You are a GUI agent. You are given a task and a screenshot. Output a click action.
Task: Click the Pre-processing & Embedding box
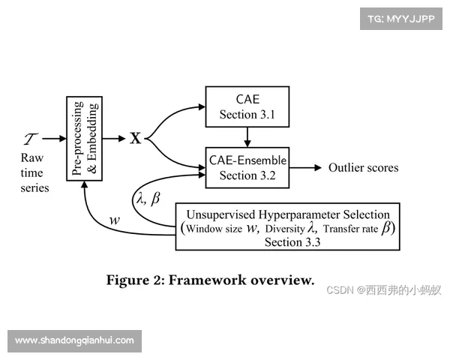(85, 139)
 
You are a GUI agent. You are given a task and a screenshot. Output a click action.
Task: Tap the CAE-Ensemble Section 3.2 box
(247, 166)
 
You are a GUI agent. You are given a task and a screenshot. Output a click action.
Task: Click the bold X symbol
(136, 139)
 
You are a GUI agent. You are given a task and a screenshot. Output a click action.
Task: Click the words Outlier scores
(363, 168)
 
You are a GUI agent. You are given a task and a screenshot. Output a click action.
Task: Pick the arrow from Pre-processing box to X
(114, 139)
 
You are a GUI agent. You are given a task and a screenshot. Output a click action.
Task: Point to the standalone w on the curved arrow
(115, 220)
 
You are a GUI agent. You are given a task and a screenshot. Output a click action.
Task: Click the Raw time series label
(34, 172)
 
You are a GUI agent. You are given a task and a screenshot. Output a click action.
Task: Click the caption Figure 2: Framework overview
(210, 280)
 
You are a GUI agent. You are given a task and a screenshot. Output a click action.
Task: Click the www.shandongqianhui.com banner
(74, 340)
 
